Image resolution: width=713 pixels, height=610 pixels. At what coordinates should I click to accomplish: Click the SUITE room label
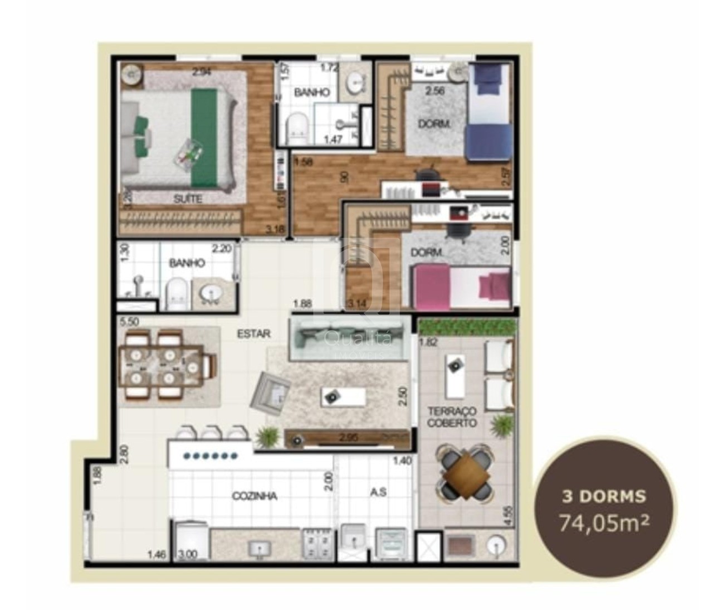pos(188,199)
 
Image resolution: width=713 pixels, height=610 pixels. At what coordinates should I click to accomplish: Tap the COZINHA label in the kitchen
pos(255,496)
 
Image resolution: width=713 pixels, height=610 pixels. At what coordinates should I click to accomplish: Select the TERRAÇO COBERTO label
pos(452,417)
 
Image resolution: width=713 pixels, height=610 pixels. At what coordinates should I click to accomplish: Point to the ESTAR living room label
pos(254,334)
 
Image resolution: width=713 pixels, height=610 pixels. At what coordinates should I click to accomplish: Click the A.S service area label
pos(378,492)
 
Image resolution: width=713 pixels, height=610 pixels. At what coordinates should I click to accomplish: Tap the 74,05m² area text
pos(604,524)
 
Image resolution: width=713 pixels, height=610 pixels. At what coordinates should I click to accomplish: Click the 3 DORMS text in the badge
pos(604,496)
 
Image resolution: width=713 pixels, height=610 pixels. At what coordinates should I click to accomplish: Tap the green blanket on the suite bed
pos(204,138)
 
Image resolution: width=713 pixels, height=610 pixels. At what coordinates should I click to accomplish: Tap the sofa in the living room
pos(345,340)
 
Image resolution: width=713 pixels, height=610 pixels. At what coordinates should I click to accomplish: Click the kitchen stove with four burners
pos(316,544)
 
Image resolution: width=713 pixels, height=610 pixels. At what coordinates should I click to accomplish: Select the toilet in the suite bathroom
pos(295,128)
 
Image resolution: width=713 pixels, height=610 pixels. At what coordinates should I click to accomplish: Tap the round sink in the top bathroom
pos(355,84)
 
